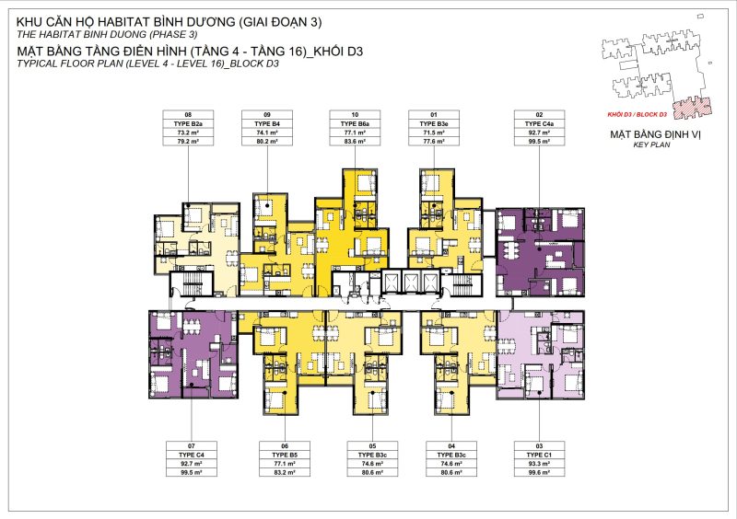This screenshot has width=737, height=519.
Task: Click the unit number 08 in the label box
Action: pos(188,115)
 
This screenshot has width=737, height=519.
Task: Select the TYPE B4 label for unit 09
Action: pos(267,123)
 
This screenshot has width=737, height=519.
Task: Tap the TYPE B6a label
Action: pos(355,123)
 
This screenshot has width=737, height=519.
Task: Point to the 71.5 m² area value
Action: pos(433,133)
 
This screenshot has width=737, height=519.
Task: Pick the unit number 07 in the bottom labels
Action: pos(192,446)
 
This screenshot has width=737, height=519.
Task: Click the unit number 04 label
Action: pos(450,446)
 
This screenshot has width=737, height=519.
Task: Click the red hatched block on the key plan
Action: pos(695,108)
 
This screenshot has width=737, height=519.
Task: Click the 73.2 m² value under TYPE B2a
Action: pos(188,133)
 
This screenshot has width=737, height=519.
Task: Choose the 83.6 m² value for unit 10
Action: pos(355,142)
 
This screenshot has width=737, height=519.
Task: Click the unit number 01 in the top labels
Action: pos(433,115)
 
